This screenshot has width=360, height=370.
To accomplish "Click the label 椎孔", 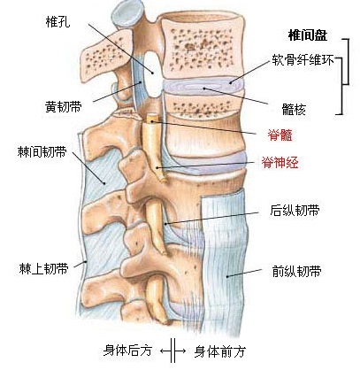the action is (x=58, y=21).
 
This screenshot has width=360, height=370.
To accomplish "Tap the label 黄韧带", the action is (x=64, y=106).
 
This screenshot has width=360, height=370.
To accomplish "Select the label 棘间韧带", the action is (x=42, y=152).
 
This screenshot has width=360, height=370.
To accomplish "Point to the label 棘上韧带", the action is (x=44, y=269).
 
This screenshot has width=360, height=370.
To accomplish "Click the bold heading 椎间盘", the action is (x=308, y=35).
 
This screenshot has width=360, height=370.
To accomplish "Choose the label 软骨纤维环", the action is (x=303, y=60).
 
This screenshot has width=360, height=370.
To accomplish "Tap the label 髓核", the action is (x=294, y=110).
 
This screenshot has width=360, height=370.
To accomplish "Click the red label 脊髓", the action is (x=280, y=135).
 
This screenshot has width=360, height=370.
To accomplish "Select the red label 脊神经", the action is (x=280, y=162).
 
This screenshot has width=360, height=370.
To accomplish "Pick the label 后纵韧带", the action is (x=295, y=211).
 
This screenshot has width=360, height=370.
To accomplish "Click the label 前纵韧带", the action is (x=296, y=271).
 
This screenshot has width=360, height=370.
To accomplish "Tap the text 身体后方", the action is (x=127, y=351).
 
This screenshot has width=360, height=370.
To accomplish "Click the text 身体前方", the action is (x=220, y=351).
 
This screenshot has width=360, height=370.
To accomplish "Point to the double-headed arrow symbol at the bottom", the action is (x=173, y=351).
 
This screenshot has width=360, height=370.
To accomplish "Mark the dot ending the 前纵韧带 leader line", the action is (x=227, y=276).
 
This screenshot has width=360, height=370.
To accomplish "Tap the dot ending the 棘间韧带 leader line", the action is (x=104, y=183).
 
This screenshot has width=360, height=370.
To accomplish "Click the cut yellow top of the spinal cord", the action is (x=151, y=118).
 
